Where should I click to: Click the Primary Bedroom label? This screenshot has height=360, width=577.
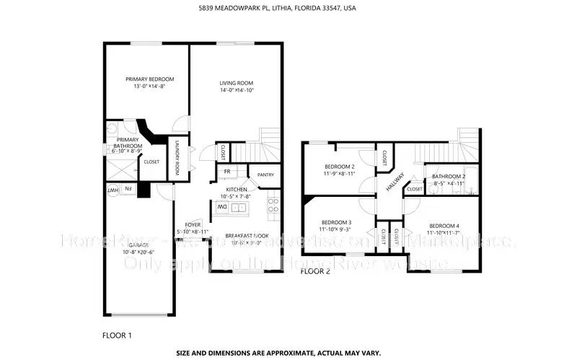(x=149, y=79)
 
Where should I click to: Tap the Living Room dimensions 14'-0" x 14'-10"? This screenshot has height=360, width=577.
(x=238, y=90)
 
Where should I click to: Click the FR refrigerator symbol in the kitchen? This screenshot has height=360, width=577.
(x=226, y=171)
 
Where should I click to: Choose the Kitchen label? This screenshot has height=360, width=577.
(x=238, y=189)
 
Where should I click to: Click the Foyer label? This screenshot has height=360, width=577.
(x=193, y=224)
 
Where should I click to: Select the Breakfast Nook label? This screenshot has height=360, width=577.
(x=247, y=236)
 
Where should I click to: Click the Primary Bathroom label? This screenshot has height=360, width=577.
(x=128, y=143)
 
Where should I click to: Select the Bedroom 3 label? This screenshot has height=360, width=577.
(x=336, y=221)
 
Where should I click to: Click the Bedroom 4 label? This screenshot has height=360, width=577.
(x=443, y=225)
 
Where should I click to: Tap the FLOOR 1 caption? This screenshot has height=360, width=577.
(x=118, y=335)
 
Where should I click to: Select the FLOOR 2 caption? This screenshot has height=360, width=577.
(x=314, y=272)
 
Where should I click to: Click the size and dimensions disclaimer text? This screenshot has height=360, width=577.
(x=288, y=354)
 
